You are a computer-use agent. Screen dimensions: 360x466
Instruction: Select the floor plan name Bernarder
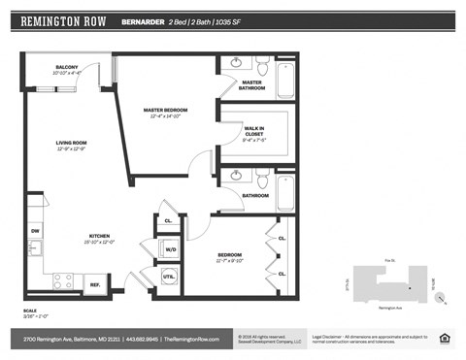point(142,20)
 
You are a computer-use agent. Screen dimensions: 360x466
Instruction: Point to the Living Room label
point(71,146)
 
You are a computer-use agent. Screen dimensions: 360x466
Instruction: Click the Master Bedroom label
point(165,113)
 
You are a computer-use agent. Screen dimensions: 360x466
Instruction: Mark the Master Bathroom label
point(253,86)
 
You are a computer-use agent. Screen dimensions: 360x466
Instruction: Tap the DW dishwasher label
point(35,231)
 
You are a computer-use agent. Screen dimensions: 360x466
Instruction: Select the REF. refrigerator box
point(95,283)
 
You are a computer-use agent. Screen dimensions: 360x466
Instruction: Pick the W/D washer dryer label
point(170,249)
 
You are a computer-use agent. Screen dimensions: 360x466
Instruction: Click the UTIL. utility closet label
point(168,278)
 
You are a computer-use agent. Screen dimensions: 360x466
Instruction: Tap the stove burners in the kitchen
point(62,281)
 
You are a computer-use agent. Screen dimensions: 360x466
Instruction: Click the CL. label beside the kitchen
point(168,220)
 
